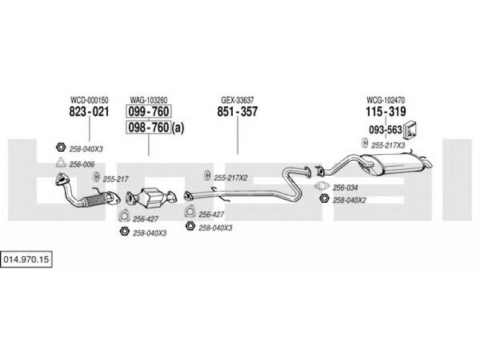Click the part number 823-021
coord(89,112)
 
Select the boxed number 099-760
coord(148,112)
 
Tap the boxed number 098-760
coord(148,127)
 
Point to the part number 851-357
coord(237,112)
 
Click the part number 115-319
coord(386,112)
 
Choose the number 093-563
coord(385,130)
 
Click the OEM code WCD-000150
coord(89,100)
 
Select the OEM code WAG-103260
coord(148,100)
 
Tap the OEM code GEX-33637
coord(237,100)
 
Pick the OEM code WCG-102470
coord(386,100)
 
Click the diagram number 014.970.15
coord(26,260)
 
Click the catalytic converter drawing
coord(152,198)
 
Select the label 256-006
coord(82,164)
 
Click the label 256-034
coord(345,188)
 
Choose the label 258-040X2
coord(349,200)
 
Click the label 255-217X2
coord(230,178)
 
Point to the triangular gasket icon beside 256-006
coord(61,163)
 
